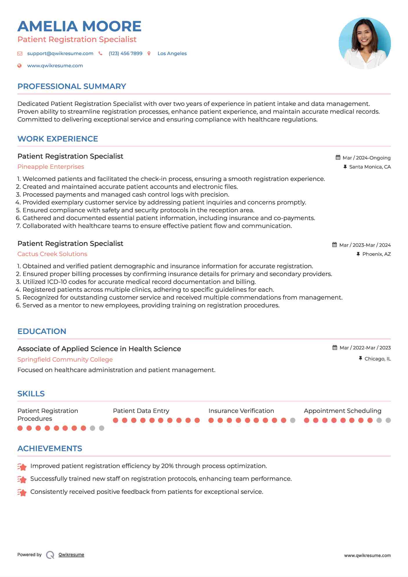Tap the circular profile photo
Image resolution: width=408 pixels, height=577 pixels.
tap(365, 43)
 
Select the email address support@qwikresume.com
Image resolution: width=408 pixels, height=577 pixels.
tap(60, 53)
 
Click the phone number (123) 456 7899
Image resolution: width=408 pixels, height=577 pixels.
tap(125, 53)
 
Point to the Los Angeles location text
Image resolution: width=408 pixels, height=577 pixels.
tap(172, 53)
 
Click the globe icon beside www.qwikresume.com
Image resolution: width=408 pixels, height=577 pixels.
tap(19, 66)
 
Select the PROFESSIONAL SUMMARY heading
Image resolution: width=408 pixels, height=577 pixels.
tap(72, 86)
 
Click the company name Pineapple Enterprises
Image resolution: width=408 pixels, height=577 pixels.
tap(51, 167)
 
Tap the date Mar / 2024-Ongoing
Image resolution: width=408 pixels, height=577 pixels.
tap(366, 158)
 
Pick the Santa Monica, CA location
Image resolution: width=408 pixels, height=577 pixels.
tap(370, 167)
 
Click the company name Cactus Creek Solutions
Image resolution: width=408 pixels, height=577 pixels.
tap(52, 254)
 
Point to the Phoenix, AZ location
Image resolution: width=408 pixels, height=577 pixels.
tap(376, 254)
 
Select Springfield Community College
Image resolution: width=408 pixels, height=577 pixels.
tap(65, 360)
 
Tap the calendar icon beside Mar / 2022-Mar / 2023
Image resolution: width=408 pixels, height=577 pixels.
tap(335, 348)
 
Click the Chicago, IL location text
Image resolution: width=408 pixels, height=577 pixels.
tap(377, 359)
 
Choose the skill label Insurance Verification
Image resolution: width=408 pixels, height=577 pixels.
tap(241, 411)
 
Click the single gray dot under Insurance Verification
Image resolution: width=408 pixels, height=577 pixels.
tap(293, 420)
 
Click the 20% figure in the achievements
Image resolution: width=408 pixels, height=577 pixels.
tap(167, 466)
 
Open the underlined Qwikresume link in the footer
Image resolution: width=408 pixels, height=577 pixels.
tap(71, 555)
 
